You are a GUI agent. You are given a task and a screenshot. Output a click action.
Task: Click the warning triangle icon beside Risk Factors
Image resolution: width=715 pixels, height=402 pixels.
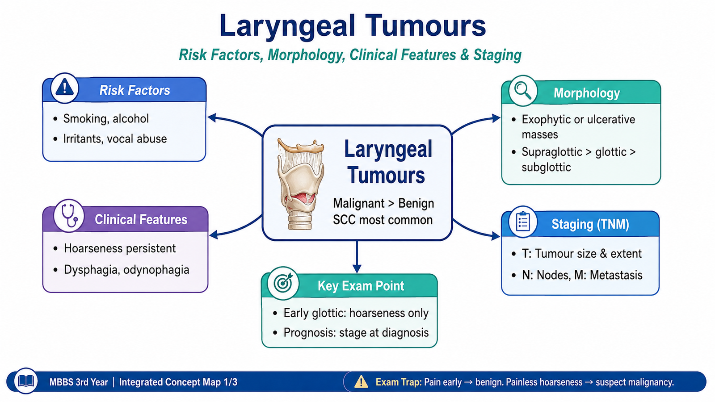coord(64,88)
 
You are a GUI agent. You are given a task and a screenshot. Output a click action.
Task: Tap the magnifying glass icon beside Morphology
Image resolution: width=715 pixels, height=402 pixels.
coord(522,91)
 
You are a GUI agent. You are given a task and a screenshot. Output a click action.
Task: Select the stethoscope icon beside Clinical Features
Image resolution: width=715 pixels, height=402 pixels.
coord(69,215)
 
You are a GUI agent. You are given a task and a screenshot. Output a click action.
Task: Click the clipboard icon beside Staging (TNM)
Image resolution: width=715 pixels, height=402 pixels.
coord(523,222)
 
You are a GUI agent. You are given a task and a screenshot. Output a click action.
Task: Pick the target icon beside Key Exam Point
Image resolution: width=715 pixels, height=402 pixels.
coord(283,283)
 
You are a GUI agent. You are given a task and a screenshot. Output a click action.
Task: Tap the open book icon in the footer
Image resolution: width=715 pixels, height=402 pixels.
coord(26,381)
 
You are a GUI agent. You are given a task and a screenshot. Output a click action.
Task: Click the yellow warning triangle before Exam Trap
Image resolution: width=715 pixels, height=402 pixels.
coord(361,381)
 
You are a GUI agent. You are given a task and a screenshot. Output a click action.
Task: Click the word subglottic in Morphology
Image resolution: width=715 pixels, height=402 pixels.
coord(546,167)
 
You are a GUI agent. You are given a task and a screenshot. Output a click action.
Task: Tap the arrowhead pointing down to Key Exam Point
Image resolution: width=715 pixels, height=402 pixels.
coord(357,268)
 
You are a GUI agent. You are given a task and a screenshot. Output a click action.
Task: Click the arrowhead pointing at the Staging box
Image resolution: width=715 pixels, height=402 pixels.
coord(496,236)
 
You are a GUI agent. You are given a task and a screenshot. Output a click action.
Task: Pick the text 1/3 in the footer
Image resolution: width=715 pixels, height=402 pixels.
coord(231,382)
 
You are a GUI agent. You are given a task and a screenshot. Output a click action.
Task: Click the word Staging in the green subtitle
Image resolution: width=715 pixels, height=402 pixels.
coord(497,55)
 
